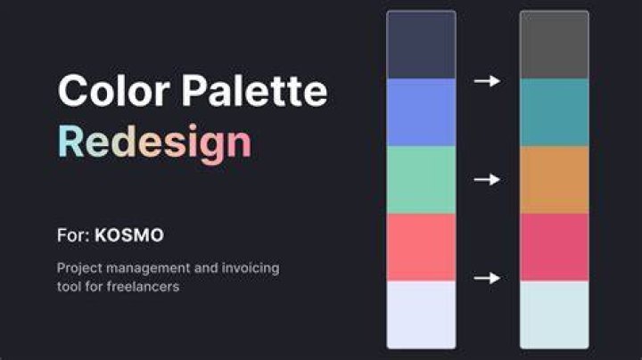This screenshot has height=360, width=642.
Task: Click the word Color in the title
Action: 114,90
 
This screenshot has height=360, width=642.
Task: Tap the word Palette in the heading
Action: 255,90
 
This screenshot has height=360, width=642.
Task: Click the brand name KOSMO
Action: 129,235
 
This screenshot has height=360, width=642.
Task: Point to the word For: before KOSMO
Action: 73,235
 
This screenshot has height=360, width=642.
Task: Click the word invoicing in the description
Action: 251,268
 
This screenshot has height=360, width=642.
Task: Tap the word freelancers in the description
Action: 143,286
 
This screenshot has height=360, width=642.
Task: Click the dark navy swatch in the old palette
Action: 421,45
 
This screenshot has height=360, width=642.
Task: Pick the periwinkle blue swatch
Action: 421,112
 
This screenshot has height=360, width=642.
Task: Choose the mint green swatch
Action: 421,180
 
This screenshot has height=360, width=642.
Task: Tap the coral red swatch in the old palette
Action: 421,247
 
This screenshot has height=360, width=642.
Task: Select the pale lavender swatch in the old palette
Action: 421,315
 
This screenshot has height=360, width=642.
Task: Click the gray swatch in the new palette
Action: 555,45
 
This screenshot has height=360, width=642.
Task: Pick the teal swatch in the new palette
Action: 555,112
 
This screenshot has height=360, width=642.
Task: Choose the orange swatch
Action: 555,180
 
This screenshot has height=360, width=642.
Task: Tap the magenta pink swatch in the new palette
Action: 555,247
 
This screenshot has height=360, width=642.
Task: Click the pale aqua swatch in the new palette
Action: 555,315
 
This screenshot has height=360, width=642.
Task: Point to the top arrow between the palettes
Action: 487,81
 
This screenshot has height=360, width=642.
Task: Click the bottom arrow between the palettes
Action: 487,278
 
